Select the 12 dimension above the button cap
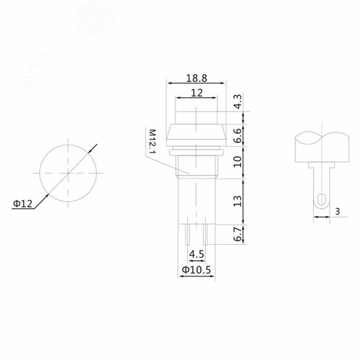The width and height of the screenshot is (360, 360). coord(197,93)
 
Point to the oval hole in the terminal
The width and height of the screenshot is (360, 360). coord(320,199)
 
